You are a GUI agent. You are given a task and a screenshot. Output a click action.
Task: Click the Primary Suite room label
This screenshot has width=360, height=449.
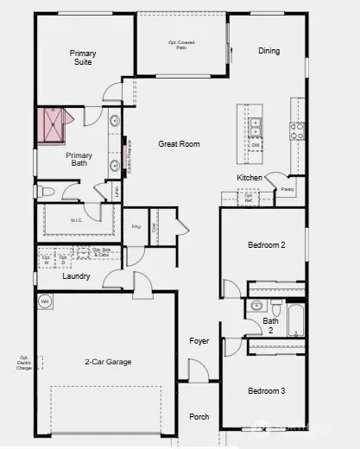(x=83, y=59)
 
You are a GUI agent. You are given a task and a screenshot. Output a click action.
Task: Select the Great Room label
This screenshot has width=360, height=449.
(x=179, y=144)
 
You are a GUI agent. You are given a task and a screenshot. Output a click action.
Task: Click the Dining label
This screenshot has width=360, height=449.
(x=268, y=51)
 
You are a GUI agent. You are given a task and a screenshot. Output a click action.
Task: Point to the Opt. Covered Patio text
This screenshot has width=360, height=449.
(x=180, y=44)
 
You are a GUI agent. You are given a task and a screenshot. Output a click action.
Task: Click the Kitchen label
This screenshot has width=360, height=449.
(x=249, y=178)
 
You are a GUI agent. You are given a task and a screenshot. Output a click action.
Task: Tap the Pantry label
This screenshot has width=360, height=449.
(x=287, y=187)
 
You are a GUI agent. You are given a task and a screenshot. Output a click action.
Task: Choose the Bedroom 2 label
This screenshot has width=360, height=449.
(x=266, y=245)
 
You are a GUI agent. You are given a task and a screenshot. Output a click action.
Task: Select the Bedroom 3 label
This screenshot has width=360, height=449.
(x=266, y=391)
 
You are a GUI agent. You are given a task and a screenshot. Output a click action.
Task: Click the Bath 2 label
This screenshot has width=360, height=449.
(x=270, y=326)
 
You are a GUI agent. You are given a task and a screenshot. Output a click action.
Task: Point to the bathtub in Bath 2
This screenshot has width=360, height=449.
(x=295, y=319)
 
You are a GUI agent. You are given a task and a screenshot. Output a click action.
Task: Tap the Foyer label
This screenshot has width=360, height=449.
(x=199, y=341)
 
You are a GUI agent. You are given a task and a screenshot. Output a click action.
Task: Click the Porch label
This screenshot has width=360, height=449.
(x=199, y=417)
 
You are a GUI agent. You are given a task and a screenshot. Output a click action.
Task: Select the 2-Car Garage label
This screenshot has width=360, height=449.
(x=108, y=362)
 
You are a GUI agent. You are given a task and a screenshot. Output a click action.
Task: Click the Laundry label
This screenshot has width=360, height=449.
(x=77, y=277)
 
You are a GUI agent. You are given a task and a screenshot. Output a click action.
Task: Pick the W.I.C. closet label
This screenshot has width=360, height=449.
(x=77, y=221)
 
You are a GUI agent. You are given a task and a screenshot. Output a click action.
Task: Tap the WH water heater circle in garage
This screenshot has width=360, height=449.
(x=45, y=301)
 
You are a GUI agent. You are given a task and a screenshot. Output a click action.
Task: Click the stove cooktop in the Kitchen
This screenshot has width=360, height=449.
(x=296, y=131)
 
